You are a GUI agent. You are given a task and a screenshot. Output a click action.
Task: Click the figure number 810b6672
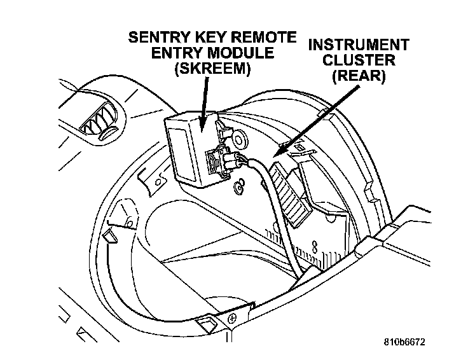[x=404, y=342]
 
